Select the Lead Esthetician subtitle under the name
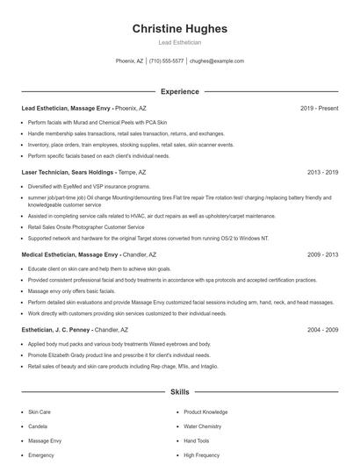coord(179,42)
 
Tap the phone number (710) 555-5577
coord(166,61)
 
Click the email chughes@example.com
coord(217,61)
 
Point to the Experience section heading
coord(179,91)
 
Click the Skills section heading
coord(179,392)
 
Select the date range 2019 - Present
coord(319,108)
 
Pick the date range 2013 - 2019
coord(322,173)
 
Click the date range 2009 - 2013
coord(322,254)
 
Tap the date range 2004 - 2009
coord(322,330)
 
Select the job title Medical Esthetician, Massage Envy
coord(70,254)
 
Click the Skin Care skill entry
coord(40,411)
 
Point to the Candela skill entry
coord(38,426)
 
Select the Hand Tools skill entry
coord(197,441)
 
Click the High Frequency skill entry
coord(201,456)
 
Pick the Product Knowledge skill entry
coord(205,411)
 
